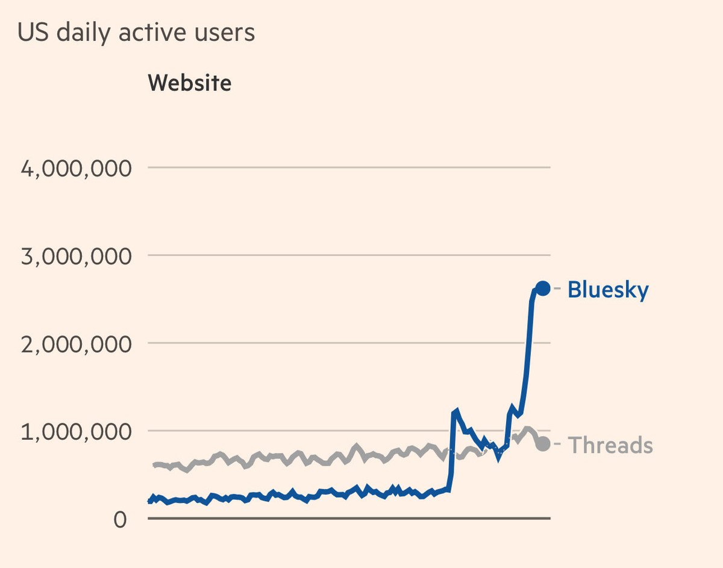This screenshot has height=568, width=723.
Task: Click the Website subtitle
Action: click(189, 83)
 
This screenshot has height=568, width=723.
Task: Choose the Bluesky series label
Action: click(608, 290)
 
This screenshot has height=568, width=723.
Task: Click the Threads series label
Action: click(610, 445)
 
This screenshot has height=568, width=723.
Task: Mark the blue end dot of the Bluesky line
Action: click(542, 289)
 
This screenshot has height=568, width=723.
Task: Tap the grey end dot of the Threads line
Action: click(542, 445)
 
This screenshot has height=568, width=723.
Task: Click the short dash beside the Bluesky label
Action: click(557, 290)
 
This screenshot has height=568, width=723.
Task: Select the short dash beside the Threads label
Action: click(557, 445)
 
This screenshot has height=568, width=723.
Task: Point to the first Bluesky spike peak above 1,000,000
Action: click(456, 411)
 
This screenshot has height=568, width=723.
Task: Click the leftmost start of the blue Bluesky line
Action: click(149, 500)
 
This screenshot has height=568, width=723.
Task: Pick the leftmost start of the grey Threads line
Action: click(155, 464)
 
